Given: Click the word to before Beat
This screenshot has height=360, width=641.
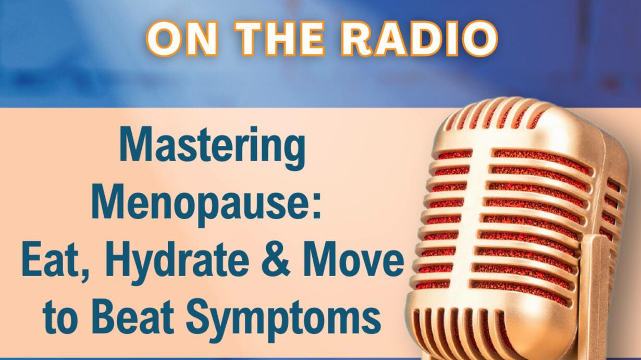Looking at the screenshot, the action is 60,320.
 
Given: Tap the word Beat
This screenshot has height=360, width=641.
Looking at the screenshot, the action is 133,319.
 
